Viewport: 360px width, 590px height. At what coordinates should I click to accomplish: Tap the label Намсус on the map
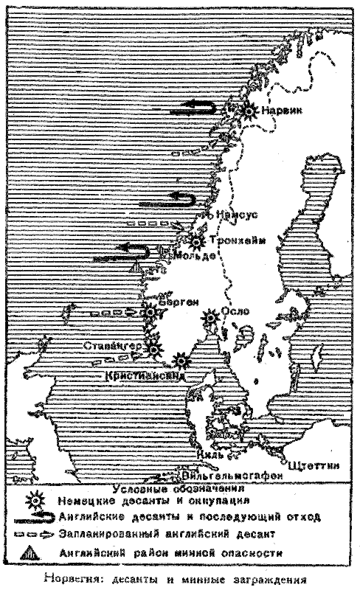pyautogui.click(x=237, y=214)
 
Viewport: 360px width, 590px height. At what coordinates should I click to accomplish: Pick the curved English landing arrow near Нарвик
pyautogui.click(x=195, y=109)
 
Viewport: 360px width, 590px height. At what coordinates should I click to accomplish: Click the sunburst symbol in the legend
pyautogui.click(x=30, y=499)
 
